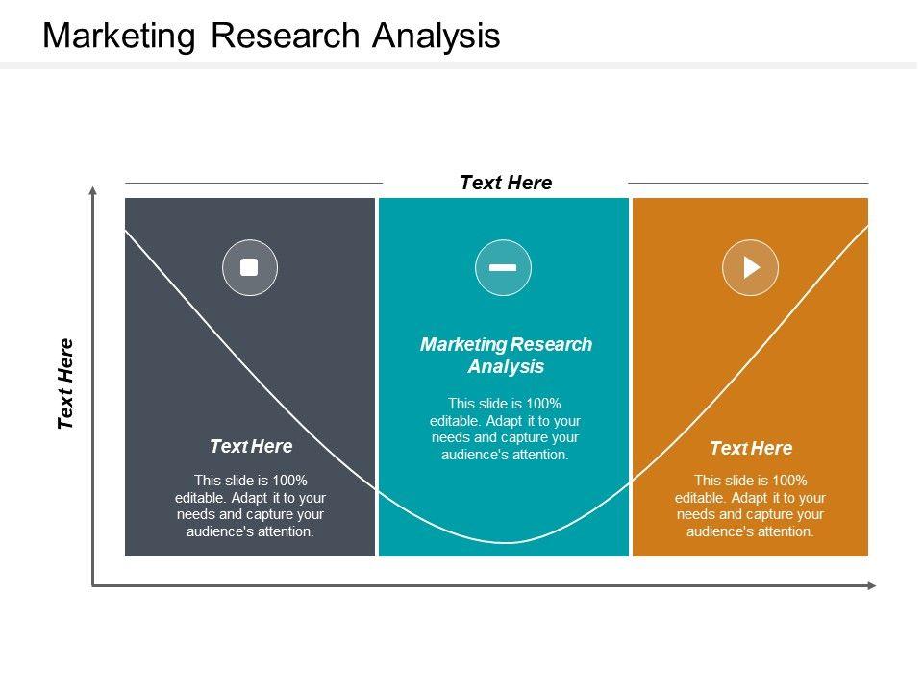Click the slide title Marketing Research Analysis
click(x=272, y=36)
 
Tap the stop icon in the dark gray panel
click(x=250, y=267)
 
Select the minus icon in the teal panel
click(x=503, y=267)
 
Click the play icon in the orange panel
click(x=751, y=267)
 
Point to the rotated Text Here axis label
click(x=66, y=383)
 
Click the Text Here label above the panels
click(x=506, y=183)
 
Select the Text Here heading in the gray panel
click(x=251, y=446)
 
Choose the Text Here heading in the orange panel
click(x=751, y=448)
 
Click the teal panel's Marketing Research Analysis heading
click(x=506, y=356)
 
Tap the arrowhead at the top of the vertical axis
click(x=93, y=191)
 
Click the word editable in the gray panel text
click(x=199, y=497)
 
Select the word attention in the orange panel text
click(x=785, y=531)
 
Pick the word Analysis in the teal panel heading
click(x=506, y=367)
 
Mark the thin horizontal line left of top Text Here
click(x=254, y=183)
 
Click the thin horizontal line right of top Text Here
click(x=748, y=183)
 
